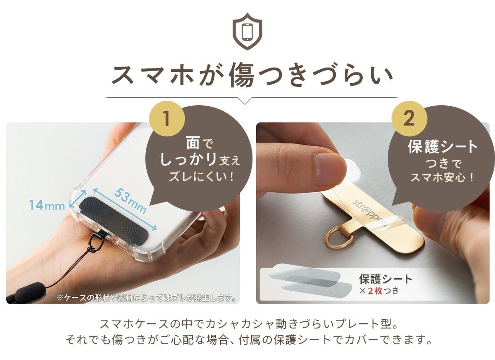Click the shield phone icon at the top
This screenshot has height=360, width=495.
tap(247, 31)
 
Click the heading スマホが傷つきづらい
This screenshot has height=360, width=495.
tap(252, 75)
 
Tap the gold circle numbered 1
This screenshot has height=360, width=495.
tap(166, 119)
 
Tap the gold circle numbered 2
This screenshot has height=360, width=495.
tap(409, 119)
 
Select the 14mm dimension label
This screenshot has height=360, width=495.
tap(47, 205)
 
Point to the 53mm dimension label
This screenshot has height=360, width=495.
tap(130, 201)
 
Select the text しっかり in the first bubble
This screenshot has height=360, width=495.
tap(188, 159)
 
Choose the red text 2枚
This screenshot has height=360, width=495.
tap(375, 291)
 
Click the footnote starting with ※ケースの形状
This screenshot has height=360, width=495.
tap(147, 298)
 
